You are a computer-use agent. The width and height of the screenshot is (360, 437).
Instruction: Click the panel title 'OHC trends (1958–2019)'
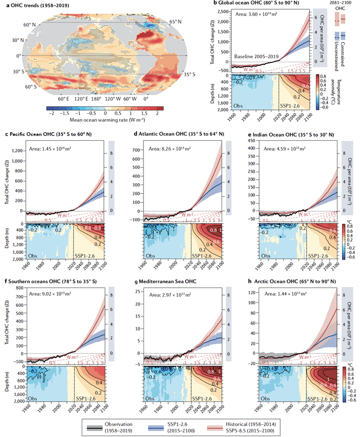coord(37,5)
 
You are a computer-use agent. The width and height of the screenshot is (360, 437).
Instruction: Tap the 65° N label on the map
coord(176,22)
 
